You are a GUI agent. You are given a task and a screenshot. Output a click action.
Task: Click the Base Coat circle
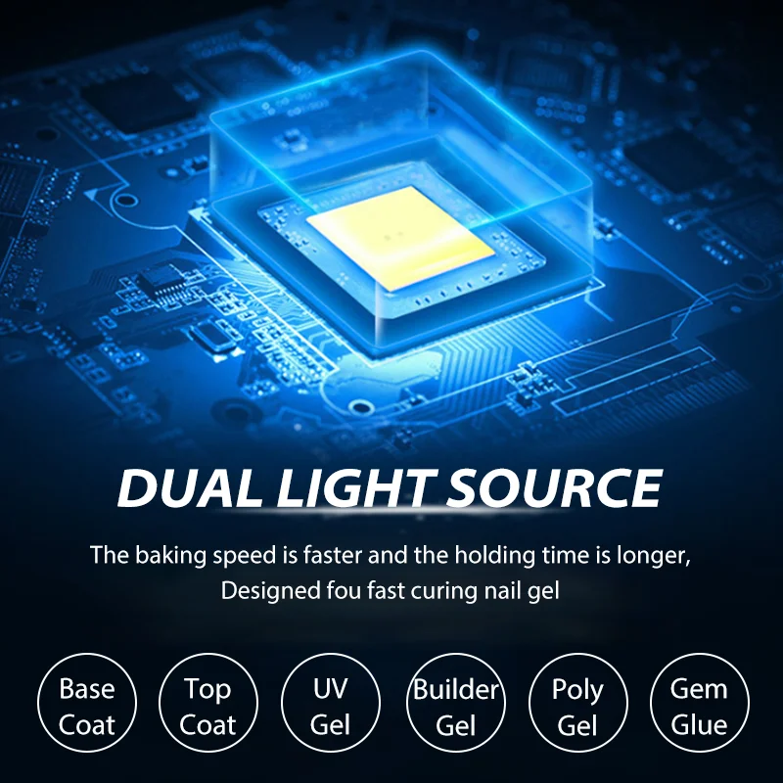click(x=86, y=707)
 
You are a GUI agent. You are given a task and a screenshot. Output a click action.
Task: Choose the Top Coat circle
click(x=207, y=707)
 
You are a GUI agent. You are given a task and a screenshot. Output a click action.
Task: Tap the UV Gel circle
click(x=331, y=707)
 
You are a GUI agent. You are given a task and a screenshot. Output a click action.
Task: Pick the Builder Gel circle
click(x=454, y=707)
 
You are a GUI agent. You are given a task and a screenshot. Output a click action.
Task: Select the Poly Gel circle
click(x=576, y=707)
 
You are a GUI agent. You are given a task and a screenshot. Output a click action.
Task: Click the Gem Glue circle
click(x=699, y=707)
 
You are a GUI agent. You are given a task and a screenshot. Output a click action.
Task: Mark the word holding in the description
click(x=484, y=556)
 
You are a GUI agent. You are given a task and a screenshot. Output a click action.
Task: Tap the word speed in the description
click(x=237, y=556)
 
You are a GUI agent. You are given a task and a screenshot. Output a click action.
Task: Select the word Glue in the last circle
click(x=699, y=725)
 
